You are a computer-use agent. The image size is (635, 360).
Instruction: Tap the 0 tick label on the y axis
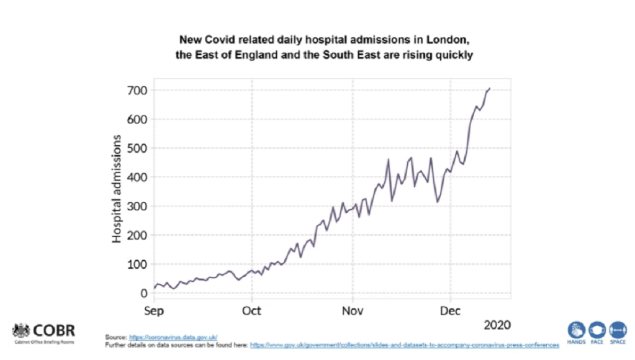[x=143, y=293]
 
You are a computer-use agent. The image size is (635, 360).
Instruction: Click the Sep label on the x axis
[x=154, y=309]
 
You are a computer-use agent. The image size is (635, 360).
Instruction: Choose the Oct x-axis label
[x=253, y=309]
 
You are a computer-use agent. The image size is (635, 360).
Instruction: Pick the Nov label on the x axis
[x=352, y=309]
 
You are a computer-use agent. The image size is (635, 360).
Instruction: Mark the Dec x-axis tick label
[x=450, y=309]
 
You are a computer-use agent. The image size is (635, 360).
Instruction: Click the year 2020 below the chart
[x=498, y=325]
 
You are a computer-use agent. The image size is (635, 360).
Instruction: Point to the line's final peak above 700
[x=490, y=88]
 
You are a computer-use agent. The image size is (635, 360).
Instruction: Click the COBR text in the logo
[x=55, y=330]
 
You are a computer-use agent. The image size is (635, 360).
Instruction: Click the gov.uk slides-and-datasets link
[x=404, y=344]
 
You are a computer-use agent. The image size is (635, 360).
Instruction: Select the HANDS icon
[x=577, y=329]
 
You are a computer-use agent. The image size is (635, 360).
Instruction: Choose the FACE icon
[x=597, y=329]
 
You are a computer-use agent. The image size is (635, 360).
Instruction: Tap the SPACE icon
[x=618, y=329]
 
